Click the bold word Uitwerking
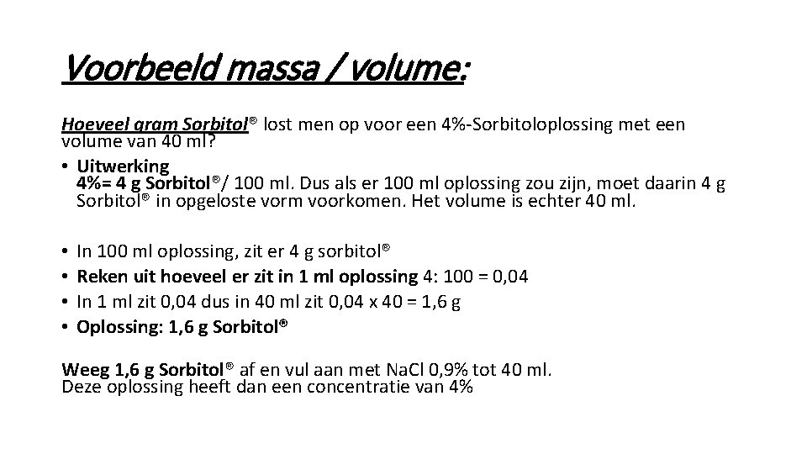[123, 166]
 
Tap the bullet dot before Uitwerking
[66, 166]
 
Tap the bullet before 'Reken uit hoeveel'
[66, 277]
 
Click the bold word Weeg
[82, 371]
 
